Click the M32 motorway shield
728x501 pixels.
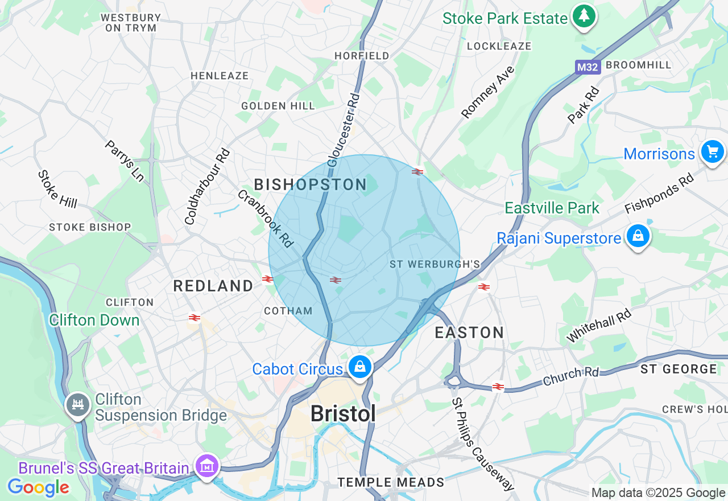click(x=588, y=68)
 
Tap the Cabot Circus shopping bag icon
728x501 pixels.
click(x=360, y=367)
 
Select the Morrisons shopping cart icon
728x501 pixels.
click(x=713, y=152)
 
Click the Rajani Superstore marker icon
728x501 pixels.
click(x=638, y=236)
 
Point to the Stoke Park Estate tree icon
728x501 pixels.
click(x=584, y=16)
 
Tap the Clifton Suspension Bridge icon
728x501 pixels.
click(x=78, y=405)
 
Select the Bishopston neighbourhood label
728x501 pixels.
click(x=311, y=184)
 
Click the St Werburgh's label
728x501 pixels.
click(x=435, y=264)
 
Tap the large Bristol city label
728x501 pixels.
click(x=344, y=414)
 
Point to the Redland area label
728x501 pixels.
click(x=213, y=286)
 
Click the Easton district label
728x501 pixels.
click(x=469, y=332)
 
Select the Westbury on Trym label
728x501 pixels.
click(x=130, y=22)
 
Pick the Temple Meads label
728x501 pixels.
click(x=391, y=483)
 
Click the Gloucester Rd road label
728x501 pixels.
click(x=344, y=130)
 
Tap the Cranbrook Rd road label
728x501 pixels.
click(x=265, y=219)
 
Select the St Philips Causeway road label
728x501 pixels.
click(x=483, y=444)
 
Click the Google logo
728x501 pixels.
click(x=38, y=487)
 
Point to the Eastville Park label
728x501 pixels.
click(x=552, y=208)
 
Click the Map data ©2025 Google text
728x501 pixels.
click(x=658, y=493)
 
